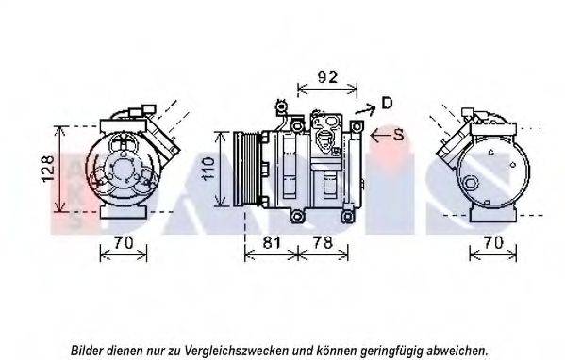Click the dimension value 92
[x=327, y=77]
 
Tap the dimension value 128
[x=49, y=169]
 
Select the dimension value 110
[x=208, y=169]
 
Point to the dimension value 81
[x=271, y=242]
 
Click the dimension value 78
[x=323, y=242]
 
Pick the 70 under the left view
[x=124, y=242]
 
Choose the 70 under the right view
[x=493, y=242]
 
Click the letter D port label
[x=387, y=103]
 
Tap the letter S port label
[x=399, y=135]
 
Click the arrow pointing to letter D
[x=365, y=109]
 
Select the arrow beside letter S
[x=381, y=136]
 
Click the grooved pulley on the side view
[x=246, y=169]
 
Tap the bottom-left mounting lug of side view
[x=297, y=216]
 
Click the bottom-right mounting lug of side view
[x=346, y=217]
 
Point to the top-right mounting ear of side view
[x=357, y=126]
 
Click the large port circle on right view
[x=471, y=183]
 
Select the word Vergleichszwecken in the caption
[x=237, y=350]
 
